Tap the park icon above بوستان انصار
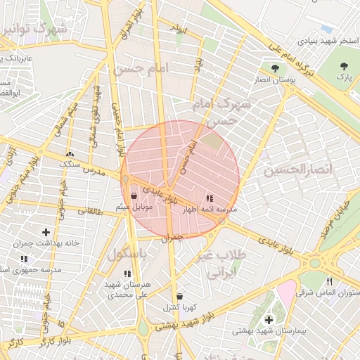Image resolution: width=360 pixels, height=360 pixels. coord(275,68)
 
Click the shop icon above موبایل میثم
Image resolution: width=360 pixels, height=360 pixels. coord(134,196)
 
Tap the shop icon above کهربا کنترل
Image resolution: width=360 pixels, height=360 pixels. coord(179,296)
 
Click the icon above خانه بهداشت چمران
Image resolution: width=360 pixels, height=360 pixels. coord(46,232)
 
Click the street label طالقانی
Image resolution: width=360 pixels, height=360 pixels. coord(91,210)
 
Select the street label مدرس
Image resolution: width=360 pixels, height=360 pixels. coord(93,172)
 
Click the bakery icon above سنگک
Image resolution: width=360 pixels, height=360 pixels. coord(70,154)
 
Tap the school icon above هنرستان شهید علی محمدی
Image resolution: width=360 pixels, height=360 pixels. coord(127,274)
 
